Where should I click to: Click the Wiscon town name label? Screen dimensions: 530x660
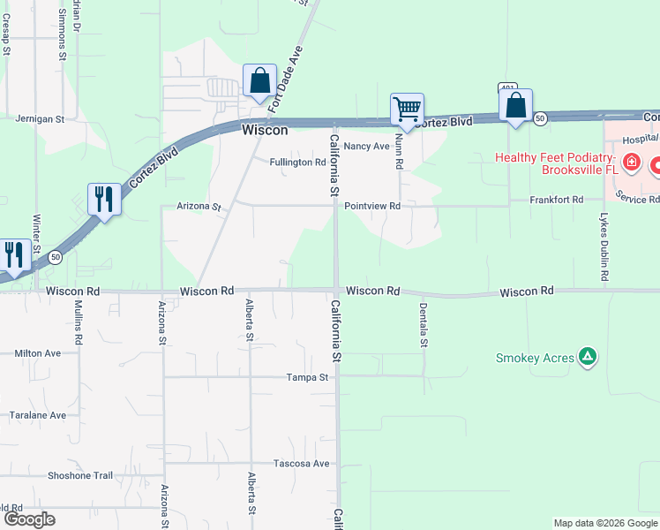click(265, 130)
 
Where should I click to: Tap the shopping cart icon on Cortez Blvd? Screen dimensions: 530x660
click(407, 110)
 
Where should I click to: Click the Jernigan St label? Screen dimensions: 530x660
click(41, 118)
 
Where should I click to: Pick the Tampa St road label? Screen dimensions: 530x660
click(307, 377)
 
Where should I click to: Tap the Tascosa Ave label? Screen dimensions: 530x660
click(301, 464)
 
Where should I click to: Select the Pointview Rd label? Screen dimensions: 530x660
click(372, 206)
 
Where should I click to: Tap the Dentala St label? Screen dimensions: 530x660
click(424, 324)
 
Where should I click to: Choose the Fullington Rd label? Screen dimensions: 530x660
click(297, 163)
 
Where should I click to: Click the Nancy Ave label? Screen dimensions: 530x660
click(367, 146)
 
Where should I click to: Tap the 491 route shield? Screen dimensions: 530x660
click(506, 87)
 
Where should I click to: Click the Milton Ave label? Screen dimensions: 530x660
click(38, 353)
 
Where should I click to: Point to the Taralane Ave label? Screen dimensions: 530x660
click(37, 415)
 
